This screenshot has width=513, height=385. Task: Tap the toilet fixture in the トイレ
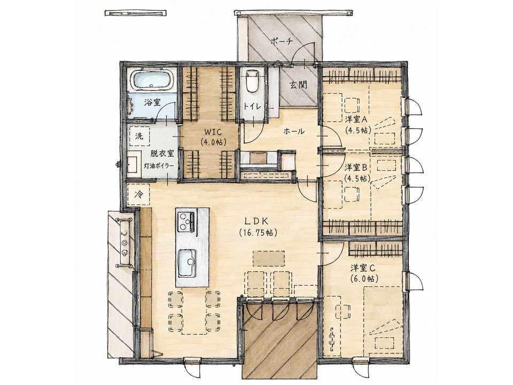(252, 81)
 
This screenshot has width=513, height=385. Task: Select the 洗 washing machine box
(139, 136)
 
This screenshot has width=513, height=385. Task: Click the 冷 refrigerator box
(139, 195)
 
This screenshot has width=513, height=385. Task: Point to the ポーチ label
(282, 42)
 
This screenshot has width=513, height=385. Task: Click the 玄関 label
(298, 85)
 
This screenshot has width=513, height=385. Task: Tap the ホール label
(294, 132)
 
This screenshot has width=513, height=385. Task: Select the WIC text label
(213, 132)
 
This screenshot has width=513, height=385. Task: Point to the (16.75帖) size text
(258, 233)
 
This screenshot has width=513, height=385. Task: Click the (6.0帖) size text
(364, 279)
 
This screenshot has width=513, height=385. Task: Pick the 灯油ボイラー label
(159, 166)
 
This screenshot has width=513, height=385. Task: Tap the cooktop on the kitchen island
(186, 221)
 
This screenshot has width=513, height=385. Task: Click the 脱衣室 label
(162, 153)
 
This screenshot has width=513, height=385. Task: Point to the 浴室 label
(152, 102)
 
